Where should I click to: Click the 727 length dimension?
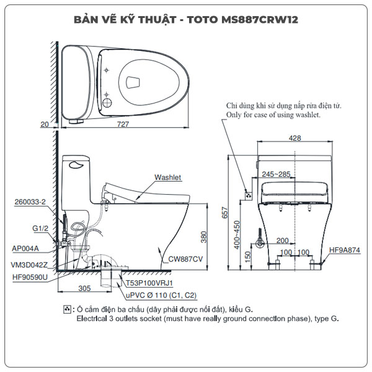[123, 125]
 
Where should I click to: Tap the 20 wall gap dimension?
[44, 125]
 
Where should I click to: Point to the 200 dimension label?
[283, 240]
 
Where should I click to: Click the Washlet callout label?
[168, 177]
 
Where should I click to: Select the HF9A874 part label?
[344, 250]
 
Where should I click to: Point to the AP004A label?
[25, 248]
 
